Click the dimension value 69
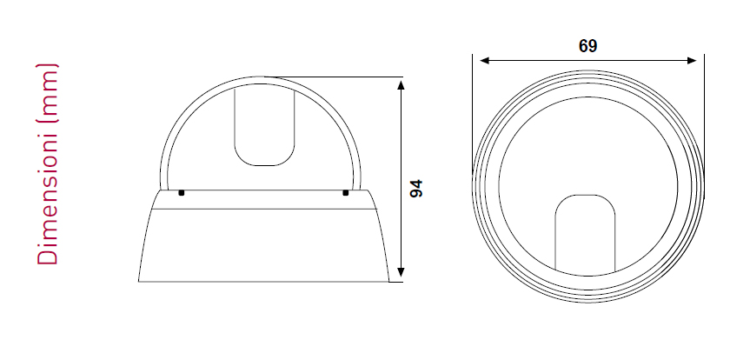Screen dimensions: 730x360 click(x=587, y=46)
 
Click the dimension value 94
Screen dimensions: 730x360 click(x=416, y=188)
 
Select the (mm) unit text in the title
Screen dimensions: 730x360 click(x=48, y=93)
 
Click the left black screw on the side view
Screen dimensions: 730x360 click(x=182, y=192)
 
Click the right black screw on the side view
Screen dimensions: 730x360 click(x=346, y=192)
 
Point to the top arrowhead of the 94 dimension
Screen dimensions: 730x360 click(x=401, y=84)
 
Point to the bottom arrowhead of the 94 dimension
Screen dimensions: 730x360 click(x=401, y=272)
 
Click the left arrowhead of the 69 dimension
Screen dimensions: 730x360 click(x=485, y=61)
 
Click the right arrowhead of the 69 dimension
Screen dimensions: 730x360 click(x=692, y=61)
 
